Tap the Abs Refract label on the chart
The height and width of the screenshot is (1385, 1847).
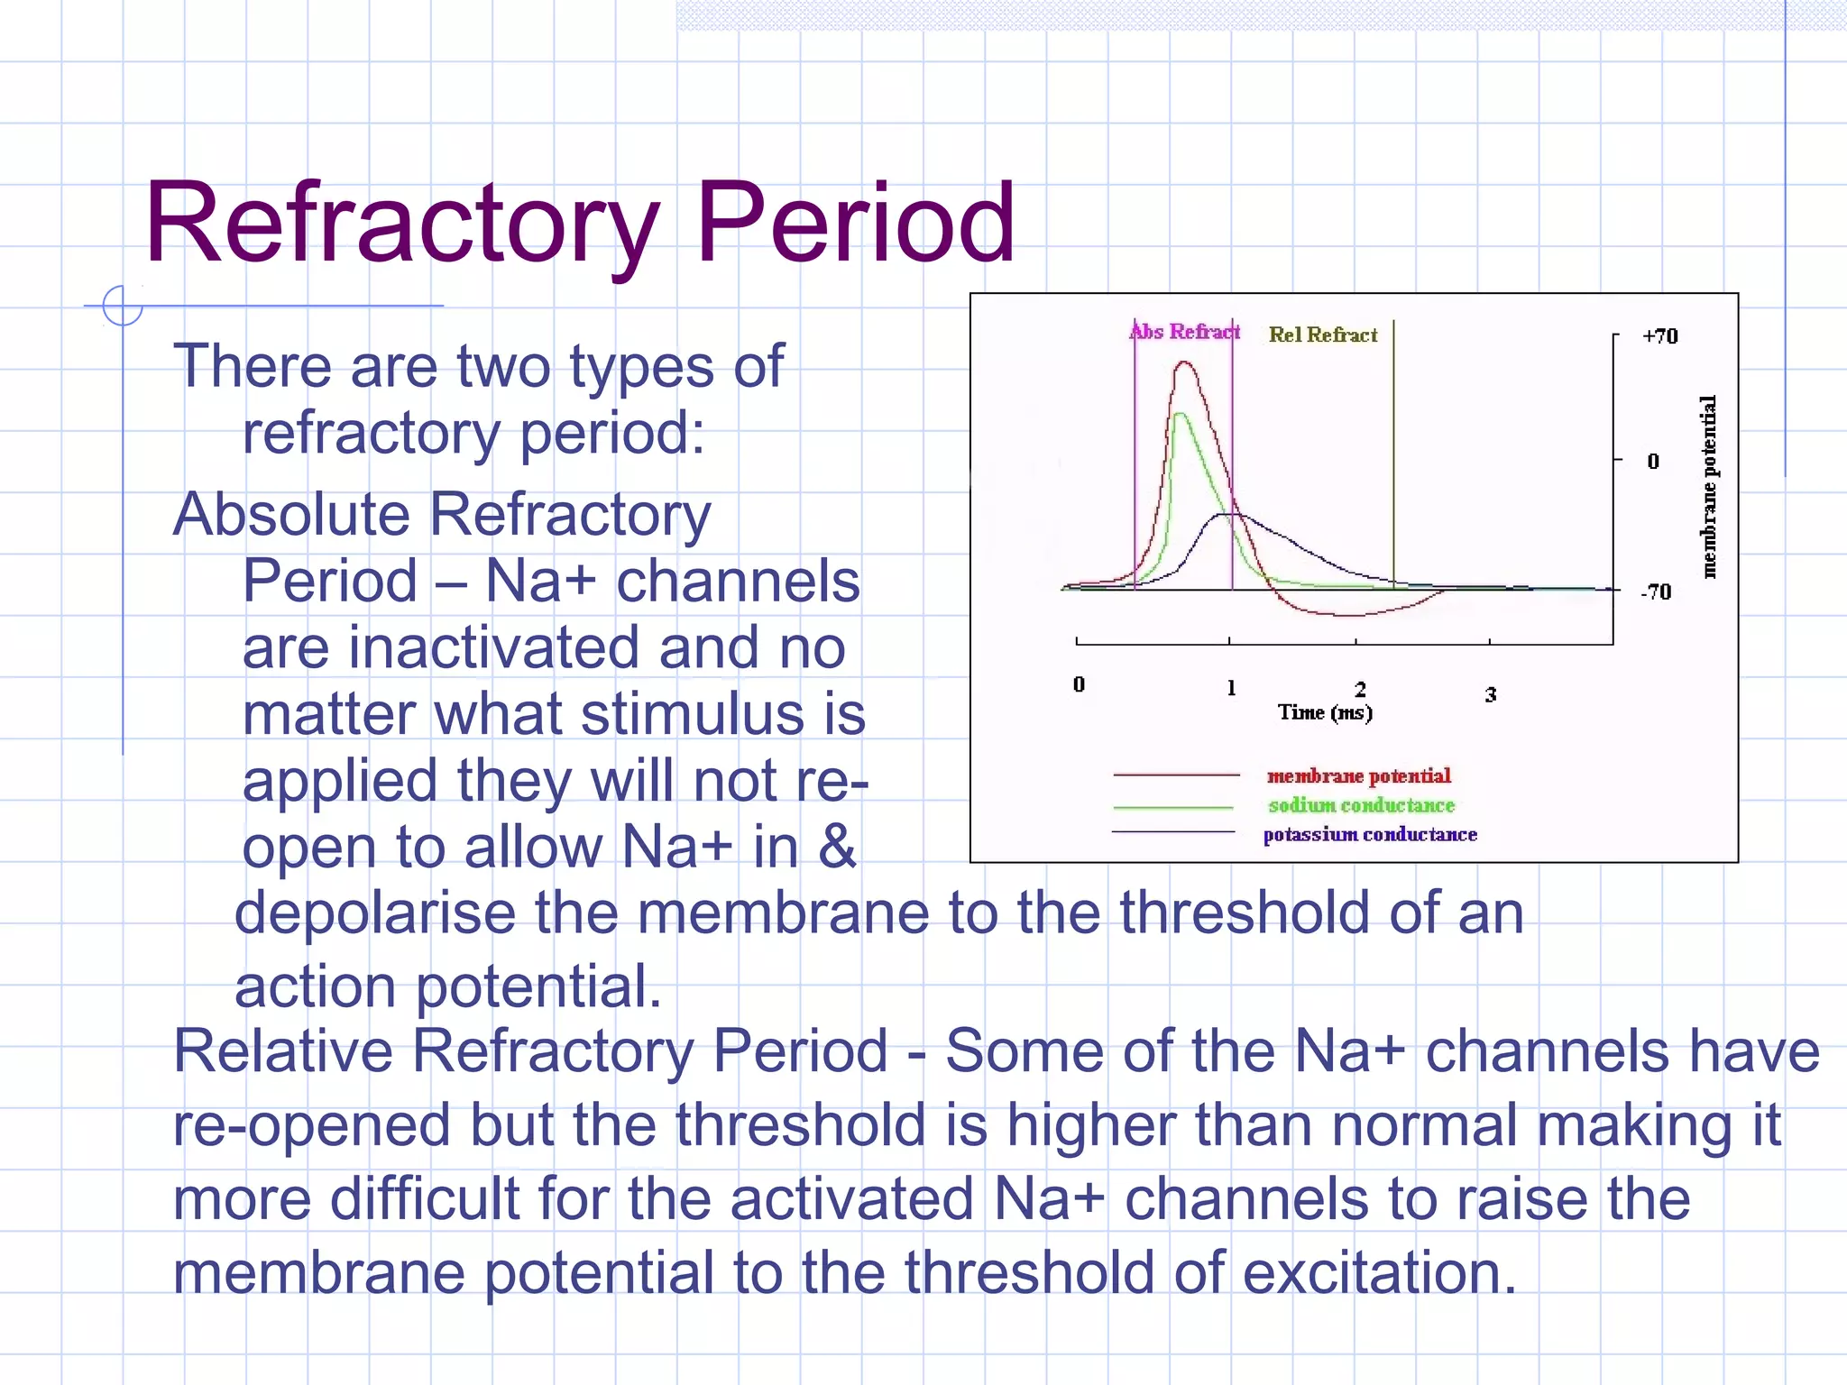point(1185,332)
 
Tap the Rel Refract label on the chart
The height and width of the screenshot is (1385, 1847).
point(1323,335)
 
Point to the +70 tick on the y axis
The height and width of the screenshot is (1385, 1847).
point(1659,336)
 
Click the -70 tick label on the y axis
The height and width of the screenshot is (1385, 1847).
point(1656,592)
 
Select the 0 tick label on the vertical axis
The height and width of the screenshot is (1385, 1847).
point(1653,462)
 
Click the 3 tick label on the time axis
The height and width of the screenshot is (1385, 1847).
point(1491,694)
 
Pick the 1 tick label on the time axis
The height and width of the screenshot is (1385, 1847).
point(1231,689)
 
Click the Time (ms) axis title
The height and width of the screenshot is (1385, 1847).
point(1325,712)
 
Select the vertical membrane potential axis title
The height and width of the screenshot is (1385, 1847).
point(1709,487)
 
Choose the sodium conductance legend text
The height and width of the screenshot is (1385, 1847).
point(1361,805)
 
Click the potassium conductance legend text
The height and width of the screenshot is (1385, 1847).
point(1370,835)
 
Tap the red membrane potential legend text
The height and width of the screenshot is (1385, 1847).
point(1358,776)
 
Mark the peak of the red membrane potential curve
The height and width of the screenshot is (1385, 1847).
point(1185,362)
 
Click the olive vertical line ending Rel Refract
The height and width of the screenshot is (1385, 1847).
point(1393,451)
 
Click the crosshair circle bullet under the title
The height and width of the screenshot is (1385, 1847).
point(123,306)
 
